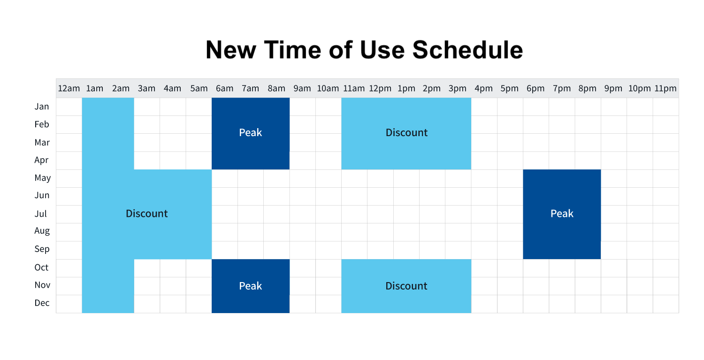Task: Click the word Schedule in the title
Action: pos(467,50)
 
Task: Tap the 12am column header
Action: pos(69,88)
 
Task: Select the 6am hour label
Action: pos(224,88)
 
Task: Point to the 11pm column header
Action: pos(666,88)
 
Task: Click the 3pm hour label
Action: pos(457,88)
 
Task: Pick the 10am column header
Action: pos(328,88)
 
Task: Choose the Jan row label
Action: pos(42,107)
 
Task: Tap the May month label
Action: pos(42,178)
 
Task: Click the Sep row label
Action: pos(42,249)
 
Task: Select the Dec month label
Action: pos(42,303)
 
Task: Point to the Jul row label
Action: pos(40,214)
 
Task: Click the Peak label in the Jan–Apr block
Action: pos(251,133)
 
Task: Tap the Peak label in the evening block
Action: pos(562,214)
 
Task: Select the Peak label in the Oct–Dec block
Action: pos(251,286)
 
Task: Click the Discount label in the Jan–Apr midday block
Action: pos(406,133)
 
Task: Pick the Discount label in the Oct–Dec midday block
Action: pos(406,286)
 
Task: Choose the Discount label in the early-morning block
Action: pos(147,214)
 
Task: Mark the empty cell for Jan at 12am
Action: pos(69,107)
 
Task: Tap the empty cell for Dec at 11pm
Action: pos(666,304)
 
